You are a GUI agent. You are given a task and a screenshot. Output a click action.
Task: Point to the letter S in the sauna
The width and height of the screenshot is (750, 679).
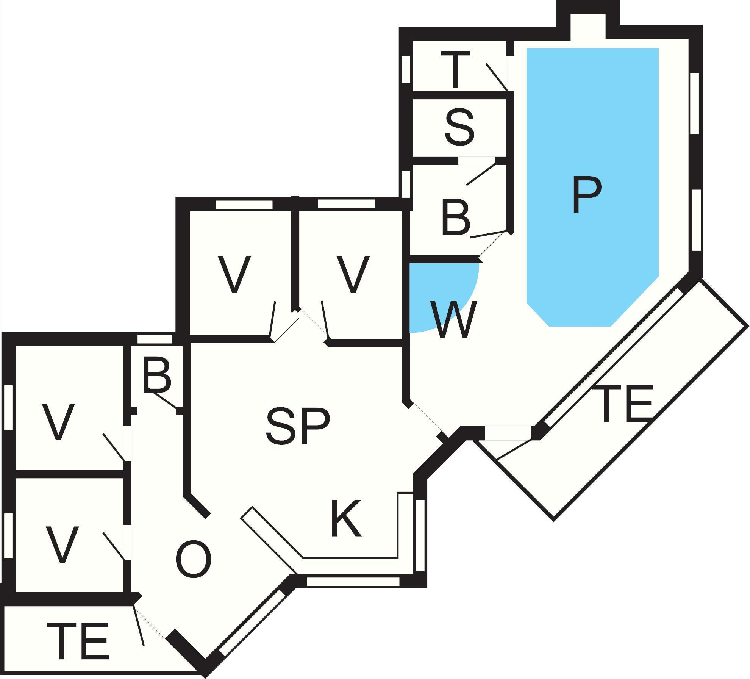[459, 127]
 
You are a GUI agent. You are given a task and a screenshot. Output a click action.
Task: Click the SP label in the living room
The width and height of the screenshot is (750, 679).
[298, 426]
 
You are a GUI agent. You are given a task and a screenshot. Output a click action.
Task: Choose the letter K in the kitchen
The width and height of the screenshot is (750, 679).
[346, 519]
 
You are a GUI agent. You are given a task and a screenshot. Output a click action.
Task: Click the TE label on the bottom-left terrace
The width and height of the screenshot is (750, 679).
[78, 641]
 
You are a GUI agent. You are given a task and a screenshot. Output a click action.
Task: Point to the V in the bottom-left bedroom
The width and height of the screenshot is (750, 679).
[62, 544]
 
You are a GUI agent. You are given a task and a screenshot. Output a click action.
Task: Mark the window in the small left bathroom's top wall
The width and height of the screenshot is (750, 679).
[155, 339]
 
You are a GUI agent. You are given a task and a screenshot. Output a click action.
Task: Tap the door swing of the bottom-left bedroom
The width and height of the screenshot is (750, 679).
[114, 546]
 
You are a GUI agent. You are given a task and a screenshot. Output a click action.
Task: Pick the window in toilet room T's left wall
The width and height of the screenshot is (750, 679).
[406, 69]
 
